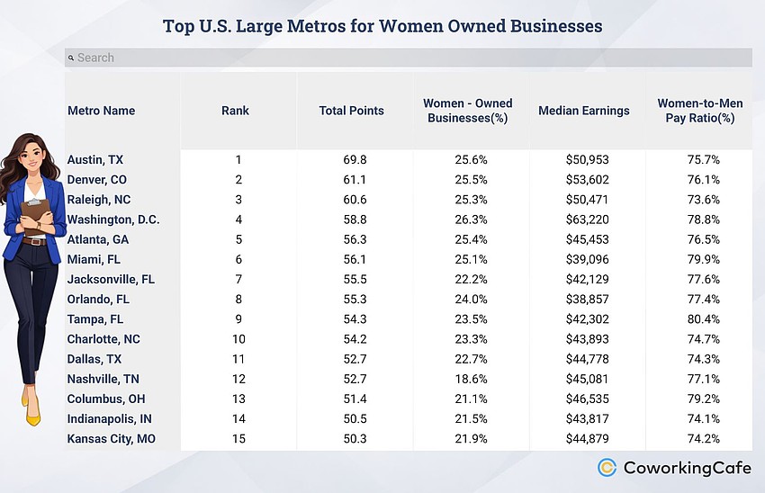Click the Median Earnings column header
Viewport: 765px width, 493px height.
click(583, 111)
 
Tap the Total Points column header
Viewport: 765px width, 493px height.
click(351, 111)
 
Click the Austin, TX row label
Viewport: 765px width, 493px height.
click(95, 160)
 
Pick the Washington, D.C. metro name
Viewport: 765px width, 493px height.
click(113, 220)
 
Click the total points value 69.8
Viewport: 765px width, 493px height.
click(350, 160)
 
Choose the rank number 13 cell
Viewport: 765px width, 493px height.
click(238, 399)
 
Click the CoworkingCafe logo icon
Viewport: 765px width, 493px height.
click(607, 467)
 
